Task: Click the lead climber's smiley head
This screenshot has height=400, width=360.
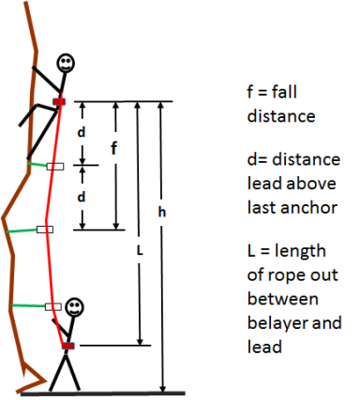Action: point(66,64)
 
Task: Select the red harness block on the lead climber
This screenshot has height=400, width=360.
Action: point(59,100)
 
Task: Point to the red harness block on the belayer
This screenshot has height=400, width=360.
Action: point(67,347)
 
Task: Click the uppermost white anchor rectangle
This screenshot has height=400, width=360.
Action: point(55,167)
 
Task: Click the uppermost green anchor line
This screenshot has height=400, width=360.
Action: point(37,165)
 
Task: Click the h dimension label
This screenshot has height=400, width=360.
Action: point(161,214)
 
